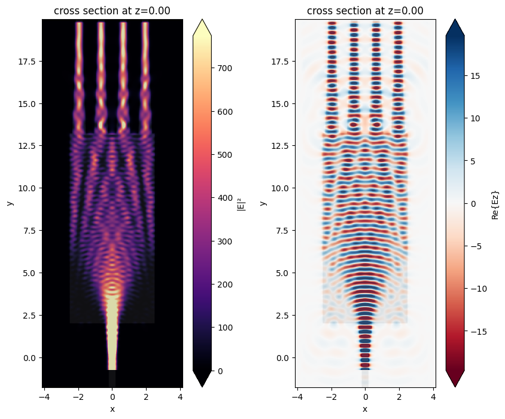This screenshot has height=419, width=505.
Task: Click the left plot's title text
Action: pyautogui.click(x=112, y=11)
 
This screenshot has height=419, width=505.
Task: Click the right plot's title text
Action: pyautogui.click(x=365, y=11)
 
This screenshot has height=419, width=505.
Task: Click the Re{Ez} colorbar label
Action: pyautogui.click(x=495, y=203)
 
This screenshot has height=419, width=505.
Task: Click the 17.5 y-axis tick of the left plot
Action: pyautogui.click(x=28, y=62)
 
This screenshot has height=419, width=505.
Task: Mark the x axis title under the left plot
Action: pyautogui.click(x=112, y=409)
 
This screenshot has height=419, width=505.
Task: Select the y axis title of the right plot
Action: pyautogui.click(x=264, y=203)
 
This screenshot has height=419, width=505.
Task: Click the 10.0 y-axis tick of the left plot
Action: pyautogui.click(x=28, y=188)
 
